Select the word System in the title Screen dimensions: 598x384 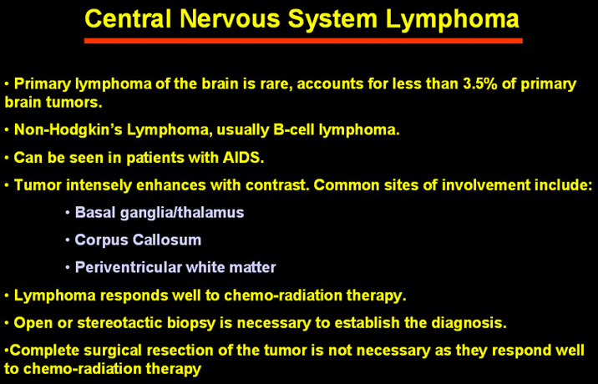(x=332, y=20)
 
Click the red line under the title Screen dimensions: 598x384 (x=303, y=41)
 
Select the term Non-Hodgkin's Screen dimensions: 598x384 (x=68, y=130)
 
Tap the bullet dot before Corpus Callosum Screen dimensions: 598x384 (x=68, y=240)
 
